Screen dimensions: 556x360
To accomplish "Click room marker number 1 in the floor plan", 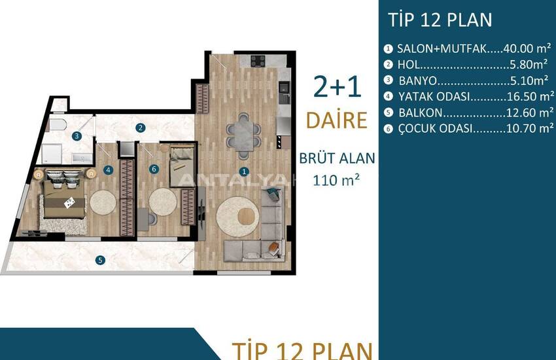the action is (243, 171).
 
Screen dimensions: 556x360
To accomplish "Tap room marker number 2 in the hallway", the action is (141, 128).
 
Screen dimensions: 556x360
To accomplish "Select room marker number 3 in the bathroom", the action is (77, 136).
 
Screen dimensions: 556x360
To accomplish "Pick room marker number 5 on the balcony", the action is (100, 261).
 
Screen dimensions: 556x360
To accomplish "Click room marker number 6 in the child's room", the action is (154, 169).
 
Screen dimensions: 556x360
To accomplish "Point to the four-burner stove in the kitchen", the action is (258, 61).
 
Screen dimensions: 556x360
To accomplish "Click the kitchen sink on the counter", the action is (284, 88).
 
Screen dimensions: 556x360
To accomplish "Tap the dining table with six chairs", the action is (243, 136).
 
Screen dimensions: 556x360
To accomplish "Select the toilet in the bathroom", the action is (58, 125).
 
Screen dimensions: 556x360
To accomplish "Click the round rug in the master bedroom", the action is (103, 202).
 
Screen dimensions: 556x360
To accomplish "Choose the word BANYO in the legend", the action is (418, 81).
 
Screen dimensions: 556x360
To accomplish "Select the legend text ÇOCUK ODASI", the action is (436, 128).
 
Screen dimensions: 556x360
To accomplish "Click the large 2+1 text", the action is (338, 87).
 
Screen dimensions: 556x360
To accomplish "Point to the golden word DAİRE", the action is (336, 120).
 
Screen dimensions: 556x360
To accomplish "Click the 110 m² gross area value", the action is (336, 180).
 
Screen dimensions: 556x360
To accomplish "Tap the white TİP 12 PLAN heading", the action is (440, 20).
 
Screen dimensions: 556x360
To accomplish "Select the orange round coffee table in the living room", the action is (246, 216).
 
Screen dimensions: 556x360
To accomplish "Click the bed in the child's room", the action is (182, 166).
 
